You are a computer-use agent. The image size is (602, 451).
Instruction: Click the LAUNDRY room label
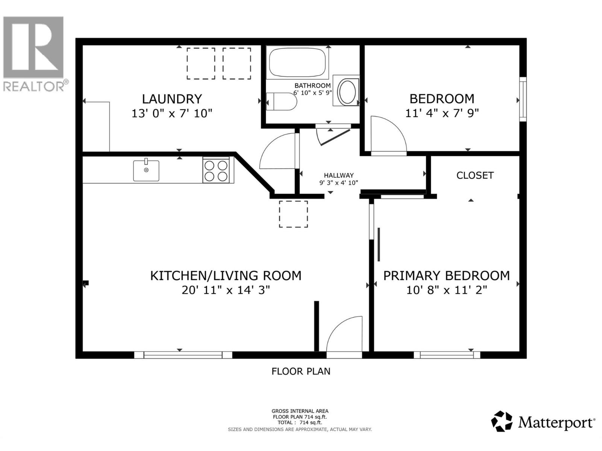172,99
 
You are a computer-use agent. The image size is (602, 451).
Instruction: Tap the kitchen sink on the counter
146,171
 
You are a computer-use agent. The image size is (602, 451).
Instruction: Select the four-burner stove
216,170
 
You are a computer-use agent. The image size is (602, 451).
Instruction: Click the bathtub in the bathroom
297,62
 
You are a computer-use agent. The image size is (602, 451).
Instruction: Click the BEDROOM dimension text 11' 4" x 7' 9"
442,113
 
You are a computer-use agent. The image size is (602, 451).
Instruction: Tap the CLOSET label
475,176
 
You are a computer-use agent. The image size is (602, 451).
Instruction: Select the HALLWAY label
339,175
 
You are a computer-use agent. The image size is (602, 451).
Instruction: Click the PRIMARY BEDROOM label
446,275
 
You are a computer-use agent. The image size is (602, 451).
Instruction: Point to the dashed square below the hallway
293,214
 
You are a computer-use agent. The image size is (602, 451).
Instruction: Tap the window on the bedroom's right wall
523,99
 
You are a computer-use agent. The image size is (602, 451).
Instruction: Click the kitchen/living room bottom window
183,355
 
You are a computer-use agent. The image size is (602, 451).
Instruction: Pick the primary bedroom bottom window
447,355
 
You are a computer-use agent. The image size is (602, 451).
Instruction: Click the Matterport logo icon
502,421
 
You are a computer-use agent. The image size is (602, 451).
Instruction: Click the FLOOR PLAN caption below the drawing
301,371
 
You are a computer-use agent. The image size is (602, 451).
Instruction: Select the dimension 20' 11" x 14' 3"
226,290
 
